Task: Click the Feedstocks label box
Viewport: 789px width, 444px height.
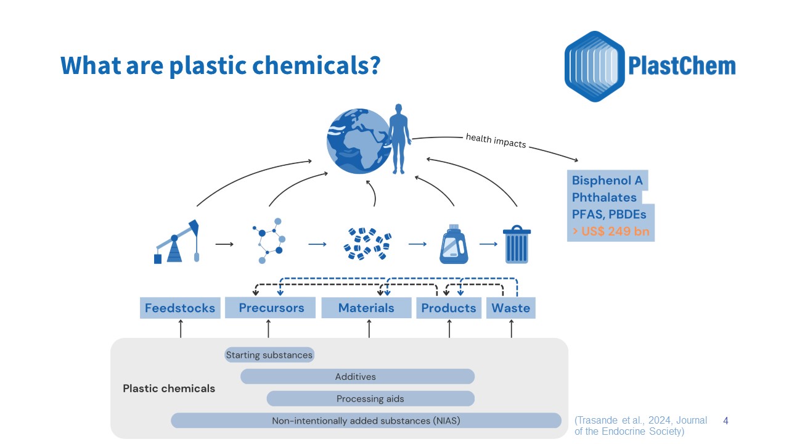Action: [180, 308]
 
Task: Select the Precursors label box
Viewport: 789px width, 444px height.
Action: [271, 308]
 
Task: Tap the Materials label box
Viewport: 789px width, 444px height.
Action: [366, 308]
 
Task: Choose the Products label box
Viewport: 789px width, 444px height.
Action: [449, 308]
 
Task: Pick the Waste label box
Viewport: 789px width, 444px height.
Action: [511, 308]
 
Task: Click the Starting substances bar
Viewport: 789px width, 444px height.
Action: [269, 355]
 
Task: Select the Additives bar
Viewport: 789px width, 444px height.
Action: [357, 376]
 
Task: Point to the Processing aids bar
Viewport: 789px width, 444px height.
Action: [370, 398]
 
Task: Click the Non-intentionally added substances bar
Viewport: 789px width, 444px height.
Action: [366, 421]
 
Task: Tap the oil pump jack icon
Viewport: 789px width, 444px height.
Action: [178, 242]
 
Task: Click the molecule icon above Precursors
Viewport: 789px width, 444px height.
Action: [269, 240]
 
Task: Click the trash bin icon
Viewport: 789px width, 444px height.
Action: [516, 244]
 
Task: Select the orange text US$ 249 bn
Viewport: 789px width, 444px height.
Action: [610, 232]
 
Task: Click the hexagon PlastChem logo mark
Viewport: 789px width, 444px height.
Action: [594, 66]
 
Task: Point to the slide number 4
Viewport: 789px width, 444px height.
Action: [726, 421]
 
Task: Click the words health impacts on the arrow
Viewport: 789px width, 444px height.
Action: [496, 141]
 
